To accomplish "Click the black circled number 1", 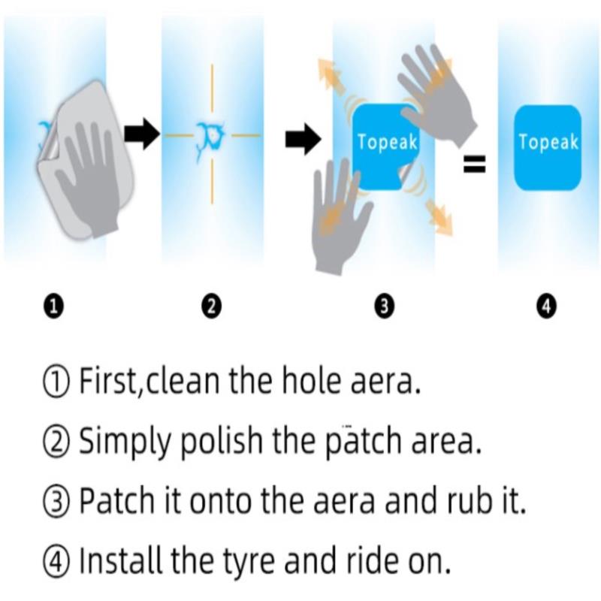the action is pos(53,307).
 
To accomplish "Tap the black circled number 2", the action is pos(212,307).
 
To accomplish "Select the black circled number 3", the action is pos(385,307).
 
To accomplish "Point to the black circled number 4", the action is pos(546,307).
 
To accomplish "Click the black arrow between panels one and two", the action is pos(142,134).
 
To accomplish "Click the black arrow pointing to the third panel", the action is pos(303,139).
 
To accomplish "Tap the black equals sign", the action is pos(475,164).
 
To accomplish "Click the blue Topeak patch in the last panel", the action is pos(548,147).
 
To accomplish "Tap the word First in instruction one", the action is pos(107,381).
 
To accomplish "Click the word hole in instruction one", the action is pos(311,380).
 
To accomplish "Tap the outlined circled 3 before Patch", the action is pos(56,502).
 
